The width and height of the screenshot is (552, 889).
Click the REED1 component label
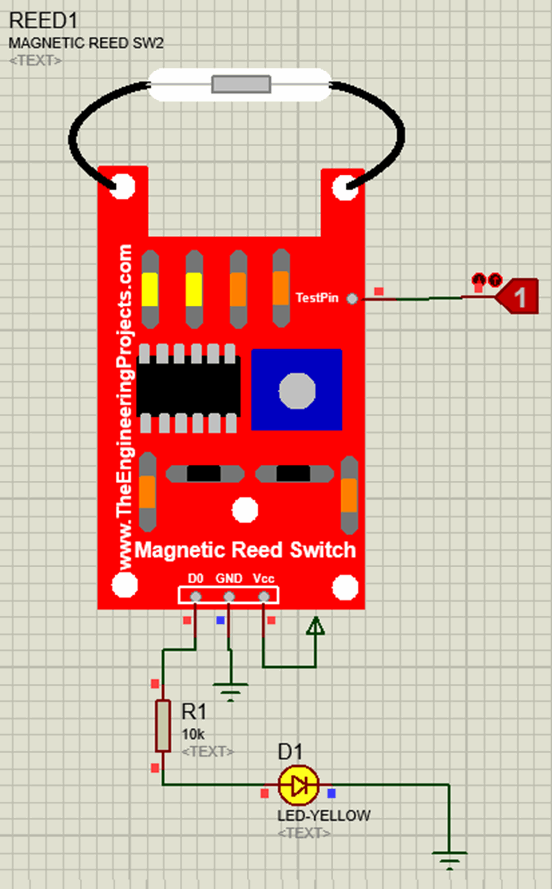(x=43, y=20)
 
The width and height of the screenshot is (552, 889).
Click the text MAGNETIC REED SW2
(x=86, y=43)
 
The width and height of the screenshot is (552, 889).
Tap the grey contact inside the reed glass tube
(x=240, y=85)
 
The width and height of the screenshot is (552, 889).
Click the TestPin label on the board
(x=317, y=298)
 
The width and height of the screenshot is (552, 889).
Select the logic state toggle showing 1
(x=517, y=297)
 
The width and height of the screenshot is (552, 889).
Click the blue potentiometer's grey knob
(x=297, y=390)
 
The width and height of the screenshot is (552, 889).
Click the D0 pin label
(x=195, y=578)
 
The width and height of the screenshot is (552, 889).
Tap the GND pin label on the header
(x=229, y=578)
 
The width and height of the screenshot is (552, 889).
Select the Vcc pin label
(x=264, y=578)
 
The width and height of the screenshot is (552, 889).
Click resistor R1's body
(x=163, y=725)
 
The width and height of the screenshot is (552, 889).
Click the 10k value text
(x=192, y=734)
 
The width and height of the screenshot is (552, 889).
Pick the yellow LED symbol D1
(x=298, y=785)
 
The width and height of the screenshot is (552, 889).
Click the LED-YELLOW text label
(x=323, y=816)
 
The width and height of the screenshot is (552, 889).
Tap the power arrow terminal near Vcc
(x=315, y=626)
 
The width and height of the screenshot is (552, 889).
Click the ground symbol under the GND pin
(x=231, y=690)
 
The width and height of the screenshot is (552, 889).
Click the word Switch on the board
(x=322, y=550)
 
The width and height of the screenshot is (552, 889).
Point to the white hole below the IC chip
(x=245, y=509)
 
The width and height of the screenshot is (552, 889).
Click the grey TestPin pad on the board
(x=352, y=298)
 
